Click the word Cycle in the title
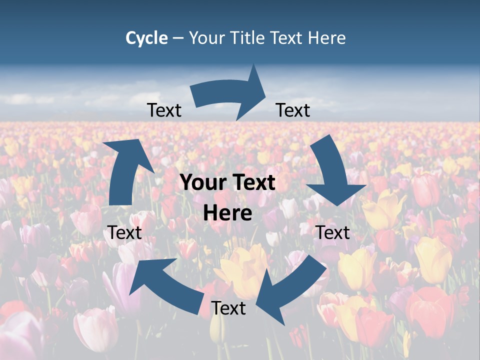pyautogui.click(x=146, y=38)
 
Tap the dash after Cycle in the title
pyautogui.click(x=178, y=38)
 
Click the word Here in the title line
pyautogui.click(x=326, y=38)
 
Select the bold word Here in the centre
pyautogui.click(x=227, y=213)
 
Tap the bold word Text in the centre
pyautogui.click(x=252, y=183)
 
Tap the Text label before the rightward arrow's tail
pyautogui.click(x=164, y=110)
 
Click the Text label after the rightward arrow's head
pyautogui.click(x=293, y=110)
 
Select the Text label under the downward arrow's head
pyautogui.click(x=333, y=232)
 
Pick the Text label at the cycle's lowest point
pyautogui.click(x=228, y=308)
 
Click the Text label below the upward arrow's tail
pyautogui.click(x=124, y=232)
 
